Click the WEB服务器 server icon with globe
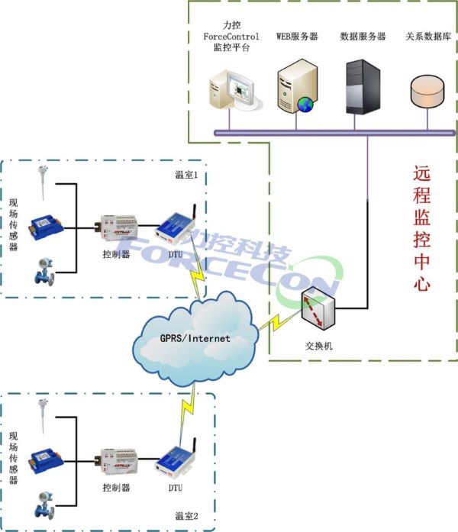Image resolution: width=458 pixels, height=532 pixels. [x=296, y=86]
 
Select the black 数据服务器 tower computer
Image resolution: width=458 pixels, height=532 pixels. [x=363, y=87]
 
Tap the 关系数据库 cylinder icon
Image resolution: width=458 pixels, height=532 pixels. [x=427, y=91]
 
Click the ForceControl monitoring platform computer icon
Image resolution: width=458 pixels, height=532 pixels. [x=235, y=90]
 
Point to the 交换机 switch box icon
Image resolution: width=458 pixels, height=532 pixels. [x=318, y=308]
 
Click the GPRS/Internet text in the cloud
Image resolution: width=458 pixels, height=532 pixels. [x=195, y=338]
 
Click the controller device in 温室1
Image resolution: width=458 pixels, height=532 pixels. [x=116, y=227]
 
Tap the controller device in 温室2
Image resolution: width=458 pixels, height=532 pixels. [x=116, y=460]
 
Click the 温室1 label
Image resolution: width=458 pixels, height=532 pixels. [x=186, y=175]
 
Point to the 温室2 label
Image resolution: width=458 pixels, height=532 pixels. [x=186, y=516]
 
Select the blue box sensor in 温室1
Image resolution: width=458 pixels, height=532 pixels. [x=46, y=227]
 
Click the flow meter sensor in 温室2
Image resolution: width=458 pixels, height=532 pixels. [x=45, y=505]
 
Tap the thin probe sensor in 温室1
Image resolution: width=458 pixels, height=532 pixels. [x=43, y=182]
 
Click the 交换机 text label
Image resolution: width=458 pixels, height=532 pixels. [x=318, y=346]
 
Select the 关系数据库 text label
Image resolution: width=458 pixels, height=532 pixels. [x=428, y=37]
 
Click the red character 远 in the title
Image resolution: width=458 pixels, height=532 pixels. [x=421, y=173]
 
